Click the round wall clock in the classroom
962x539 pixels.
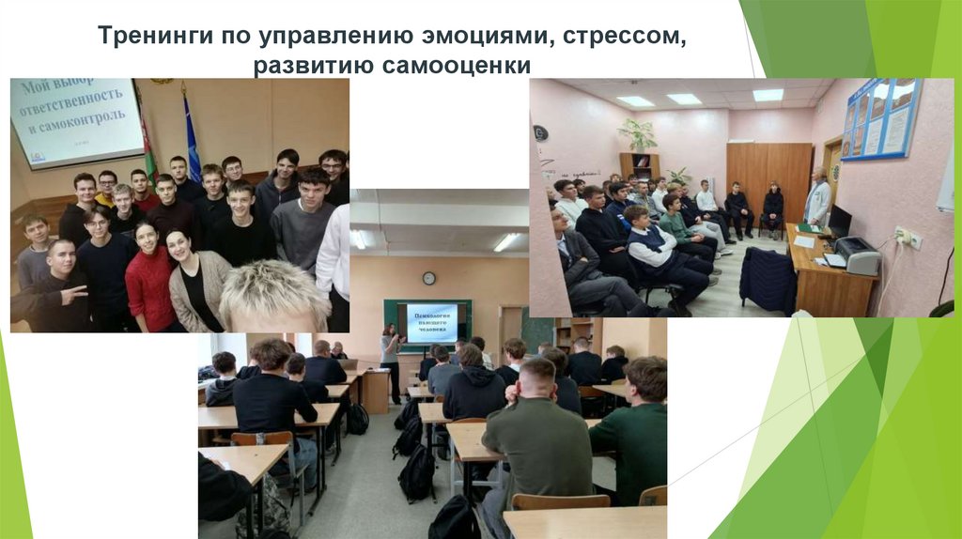428,278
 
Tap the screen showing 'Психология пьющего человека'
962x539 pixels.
431,322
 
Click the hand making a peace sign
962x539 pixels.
75,295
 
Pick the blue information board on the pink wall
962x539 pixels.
880,120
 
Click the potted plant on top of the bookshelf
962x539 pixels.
640,134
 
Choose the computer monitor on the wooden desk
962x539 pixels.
839,223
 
